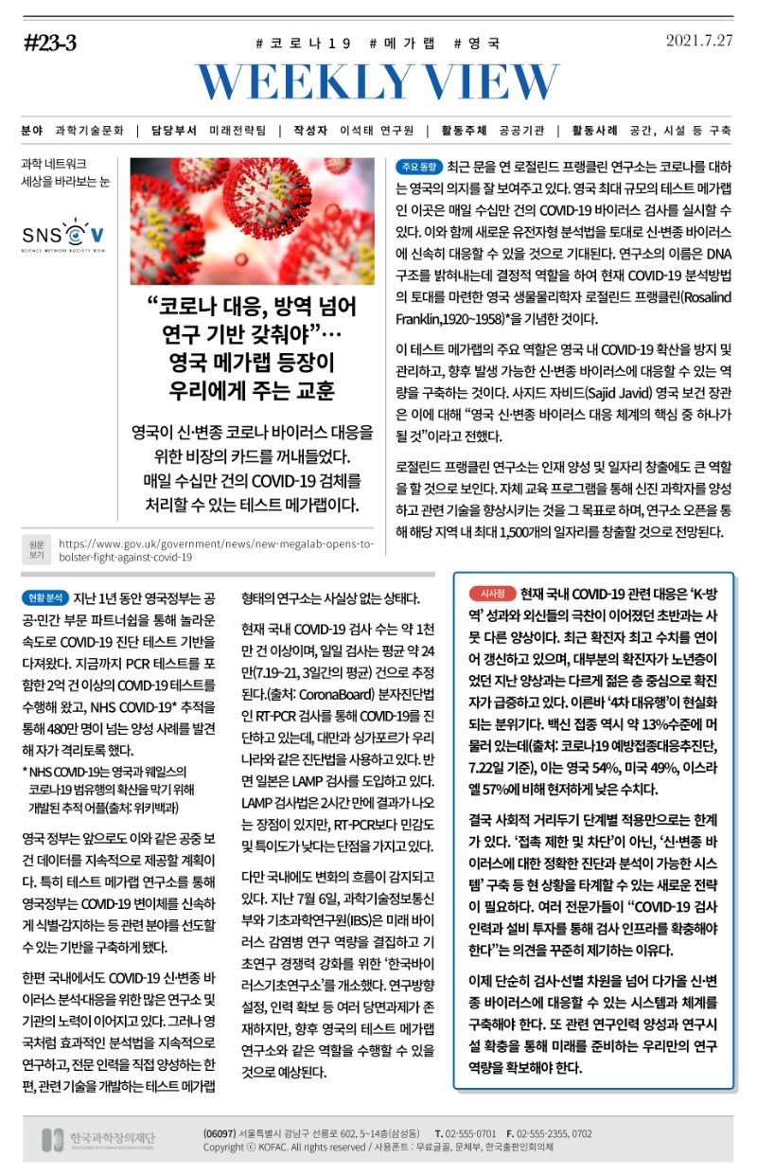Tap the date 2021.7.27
tap(700, 41)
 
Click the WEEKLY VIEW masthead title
tap(378, 82)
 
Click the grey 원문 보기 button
tap(37, 549)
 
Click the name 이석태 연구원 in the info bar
tap(377, 131)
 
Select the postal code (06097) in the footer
tap(220, 1132)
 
